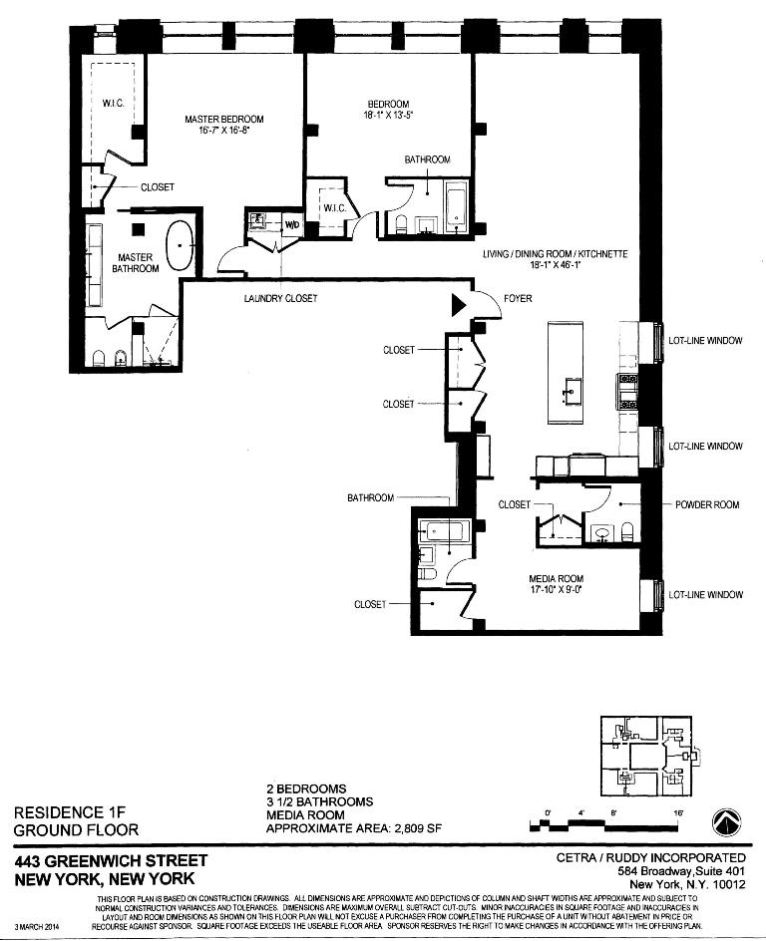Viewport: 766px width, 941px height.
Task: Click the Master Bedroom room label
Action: point(224,120)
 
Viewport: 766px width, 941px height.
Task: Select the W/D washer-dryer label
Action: point(292,224)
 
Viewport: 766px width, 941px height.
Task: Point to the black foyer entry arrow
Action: point(459,305)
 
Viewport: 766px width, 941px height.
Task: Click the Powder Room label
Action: point(707,504)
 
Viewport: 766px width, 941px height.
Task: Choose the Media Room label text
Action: point(556,579)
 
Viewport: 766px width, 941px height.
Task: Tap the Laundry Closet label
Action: point(280,299)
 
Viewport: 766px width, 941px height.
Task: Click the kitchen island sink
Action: point(571,387)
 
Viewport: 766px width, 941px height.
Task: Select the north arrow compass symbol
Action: point(726,822)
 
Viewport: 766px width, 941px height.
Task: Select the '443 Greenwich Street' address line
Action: point(111,860)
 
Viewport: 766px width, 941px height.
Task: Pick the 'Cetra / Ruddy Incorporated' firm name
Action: point(650,858)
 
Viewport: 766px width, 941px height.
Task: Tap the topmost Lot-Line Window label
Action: point(705,341)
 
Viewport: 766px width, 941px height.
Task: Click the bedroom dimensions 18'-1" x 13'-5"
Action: point(389,116)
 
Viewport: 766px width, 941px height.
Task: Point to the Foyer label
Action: point(518,299)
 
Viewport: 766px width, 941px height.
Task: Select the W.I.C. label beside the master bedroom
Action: point(111,104)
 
